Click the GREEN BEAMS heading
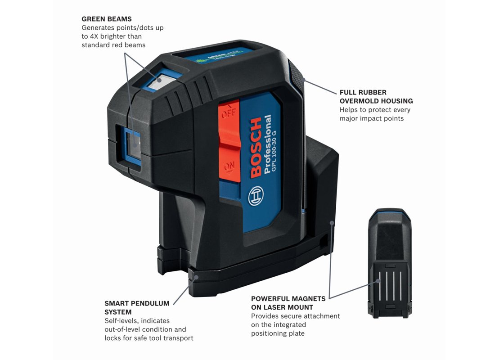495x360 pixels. coord(106,19)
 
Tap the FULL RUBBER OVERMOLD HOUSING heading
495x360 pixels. coord(376,96)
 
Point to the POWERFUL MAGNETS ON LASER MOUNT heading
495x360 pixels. coord(288,303)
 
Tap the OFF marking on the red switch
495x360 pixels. coord(227,114)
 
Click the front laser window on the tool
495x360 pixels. coord(133,143)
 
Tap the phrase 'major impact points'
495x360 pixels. coord(372,118)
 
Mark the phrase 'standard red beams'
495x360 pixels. coord(113,45)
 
